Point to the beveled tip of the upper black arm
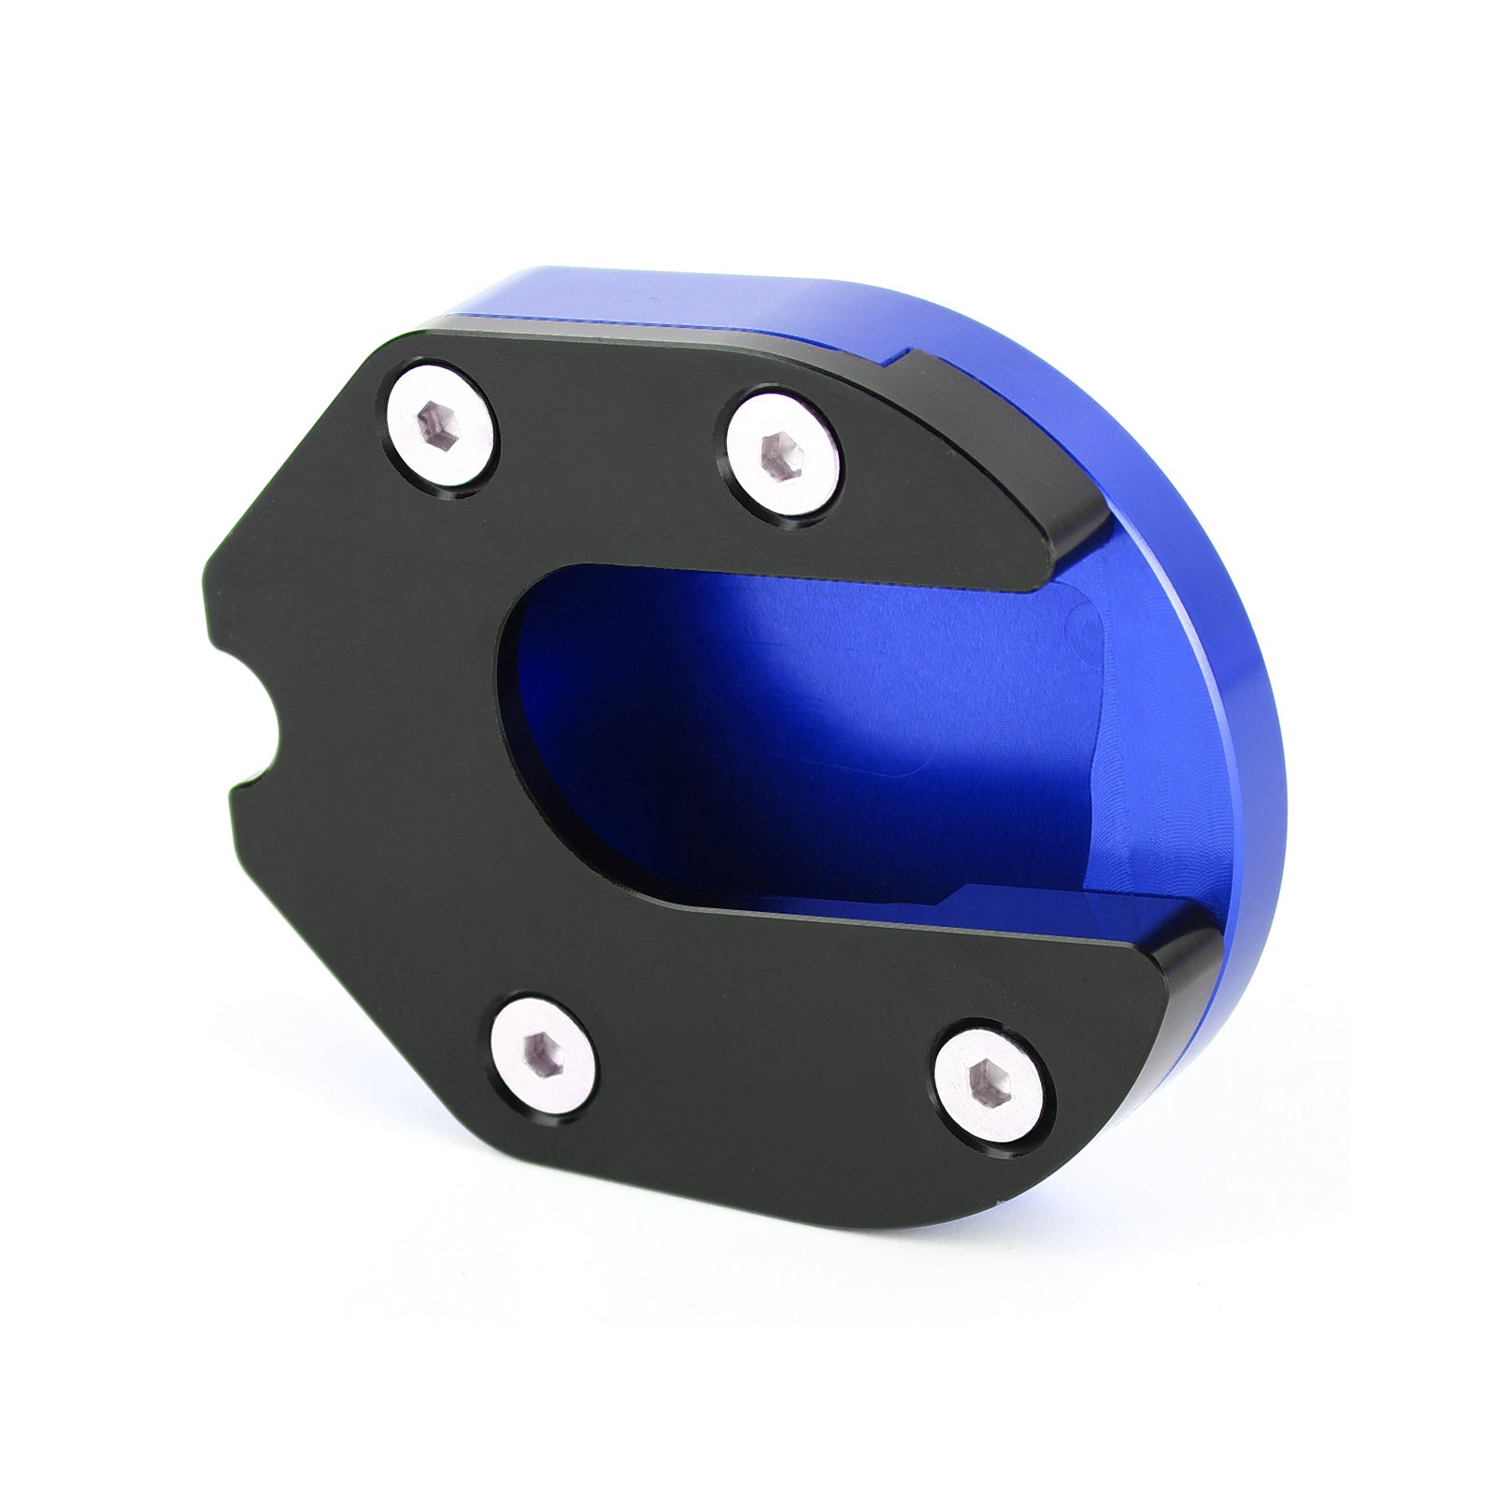coord(1075,542)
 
